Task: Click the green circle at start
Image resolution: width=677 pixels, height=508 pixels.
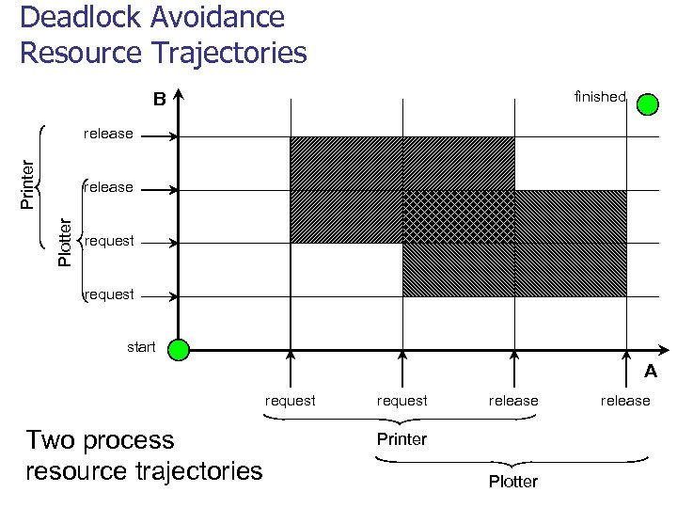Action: coord(178,350)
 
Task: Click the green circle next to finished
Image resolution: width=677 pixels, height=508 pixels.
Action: coord(647,103)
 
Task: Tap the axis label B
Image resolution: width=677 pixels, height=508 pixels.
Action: coord(159,99)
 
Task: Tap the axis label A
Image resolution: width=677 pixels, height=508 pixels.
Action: coord(650,372)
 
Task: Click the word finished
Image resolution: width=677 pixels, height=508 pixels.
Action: coord(599,97)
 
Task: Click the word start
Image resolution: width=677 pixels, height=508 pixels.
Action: coord(141,347)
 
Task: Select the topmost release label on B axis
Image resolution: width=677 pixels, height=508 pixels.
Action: coord(108,134)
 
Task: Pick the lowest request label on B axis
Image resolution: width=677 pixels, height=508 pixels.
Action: coord(109,294)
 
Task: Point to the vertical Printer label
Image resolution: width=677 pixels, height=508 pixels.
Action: coord(28,183)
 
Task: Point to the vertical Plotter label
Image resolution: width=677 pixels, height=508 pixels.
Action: coord(64,242)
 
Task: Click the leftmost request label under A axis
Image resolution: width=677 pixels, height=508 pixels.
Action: coord(290,401)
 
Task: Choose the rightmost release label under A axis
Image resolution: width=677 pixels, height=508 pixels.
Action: coord(625,401)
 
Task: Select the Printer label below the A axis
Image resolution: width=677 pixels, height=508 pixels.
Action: coord(401,439)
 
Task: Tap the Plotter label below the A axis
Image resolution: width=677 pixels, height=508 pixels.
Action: coord(512,482)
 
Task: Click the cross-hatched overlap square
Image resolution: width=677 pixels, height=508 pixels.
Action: coord(458,216)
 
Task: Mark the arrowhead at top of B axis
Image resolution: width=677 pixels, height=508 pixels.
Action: coord(178,94)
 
